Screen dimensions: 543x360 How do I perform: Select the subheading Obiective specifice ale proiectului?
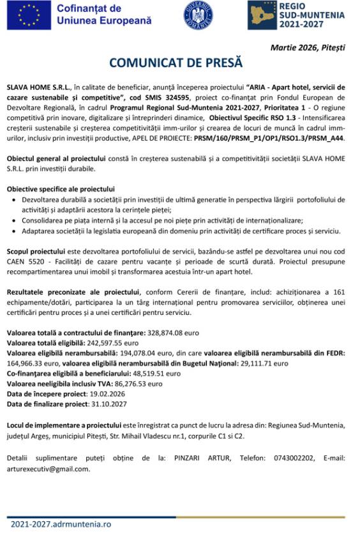61,188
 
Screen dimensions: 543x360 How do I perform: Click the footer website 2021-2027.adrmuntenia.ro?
61,524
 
